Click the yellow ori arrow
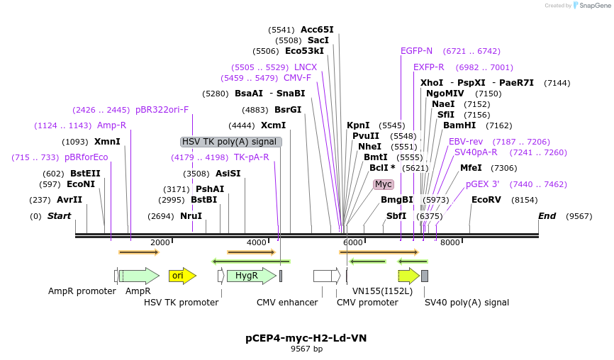coord(182,276)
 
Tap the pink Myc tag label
coord(383,184)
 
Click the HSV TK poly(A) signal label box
coord(231,142)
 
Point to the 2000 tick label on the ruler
coord(160,243)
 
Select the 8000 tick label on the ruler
coord(450,243)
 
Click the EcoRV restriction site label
coord(486,200)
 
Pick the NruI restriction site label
coord(191,216)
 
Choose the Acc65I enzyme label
coord(317,30)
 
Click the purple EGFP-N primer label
coord(416,51)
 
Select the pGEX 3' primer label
coord(482,184)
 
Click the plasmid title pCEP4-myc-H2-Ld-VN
coord(306,338)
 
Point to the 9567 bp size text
coord(306,349)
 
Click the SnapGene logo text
coord(591,6)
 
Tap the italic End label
coord(547,216)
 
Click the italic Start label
coord(59,216)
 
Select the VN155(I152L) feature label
coord(382,291)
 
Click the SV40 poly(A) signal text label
coord(467,303)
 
